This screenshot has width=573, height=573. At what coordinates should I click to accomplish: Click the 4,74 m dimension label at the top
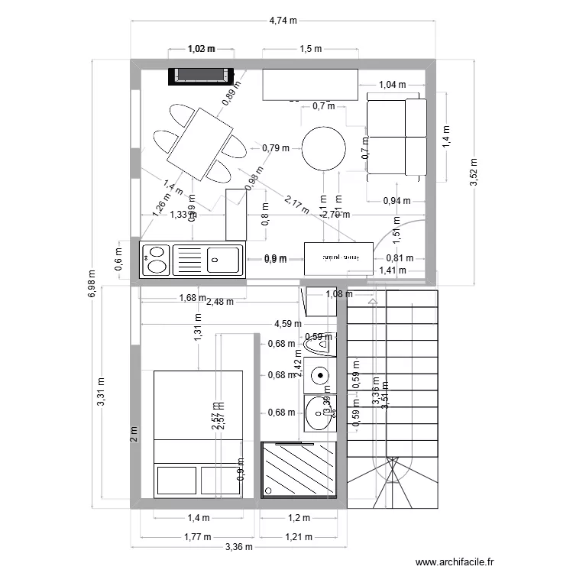283,21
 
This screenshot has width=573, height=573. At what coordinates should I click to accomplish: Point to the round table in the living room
324,148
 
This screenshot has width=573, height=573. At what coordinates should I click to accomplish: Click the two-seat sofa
396,138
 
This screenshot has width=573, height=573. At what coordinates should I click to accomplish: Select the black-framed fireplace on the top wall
201,75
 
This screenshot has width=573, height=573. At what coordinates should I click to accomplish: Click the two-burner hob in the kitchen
157,258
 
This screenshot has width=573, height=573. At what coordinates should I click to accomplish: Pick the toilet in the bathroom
319,346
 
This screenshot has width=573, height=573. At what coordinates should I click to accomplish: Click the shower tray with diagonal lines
299,470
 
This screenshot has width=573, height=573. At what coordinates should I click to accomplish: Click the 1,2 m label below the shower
299,517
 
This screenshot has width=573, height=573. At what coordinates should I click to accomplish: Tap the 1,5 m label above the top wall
310,49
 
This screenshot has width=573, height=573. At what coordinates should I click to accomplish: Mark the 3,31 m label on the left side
102,393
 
